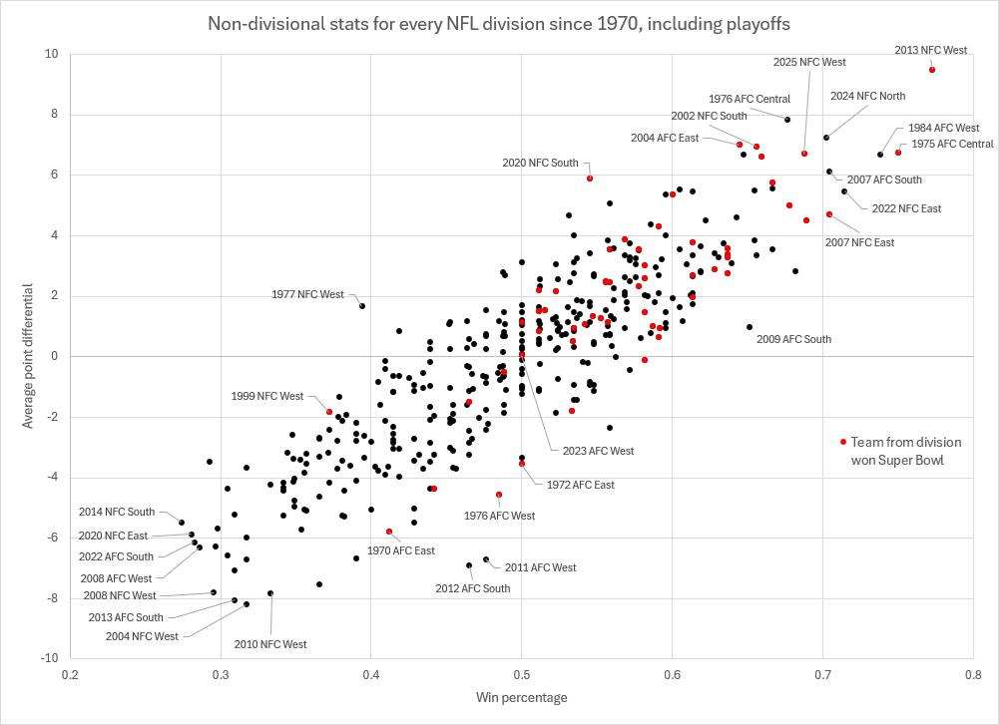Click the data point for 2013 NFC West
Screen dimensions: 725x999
point(931,70)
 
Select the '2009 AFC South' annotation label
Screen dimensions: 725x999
point(794,339)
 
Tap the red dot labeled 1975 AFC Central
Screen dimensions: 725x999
point(898,152)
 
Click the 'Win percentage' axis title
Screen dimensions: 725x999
point(521,697)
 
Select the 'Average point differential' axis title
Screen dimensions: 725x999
point(28,356)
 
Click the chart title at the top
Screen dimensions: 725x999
point(499,23)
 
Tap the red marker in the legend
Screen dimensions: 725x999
point(843,442)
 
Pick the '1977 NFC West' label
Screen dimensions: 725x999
point(307,294)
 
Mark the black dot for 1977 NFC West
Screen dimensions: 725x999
point(362,306)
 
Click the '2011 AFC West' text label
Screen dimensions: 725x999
point(540,567)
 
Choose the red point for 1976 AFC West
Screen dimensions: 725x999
point(499,495)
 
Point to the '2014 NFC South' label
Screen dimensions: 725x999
point(117,512)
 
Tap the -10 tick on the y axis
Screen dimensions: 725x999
point(47,658)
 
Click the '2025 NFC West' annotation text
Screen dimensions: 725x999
point(809,62)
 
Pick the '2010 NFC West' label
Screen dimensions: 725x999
point(270,644)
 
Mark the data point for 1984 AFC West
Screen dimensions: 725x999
point(880,155)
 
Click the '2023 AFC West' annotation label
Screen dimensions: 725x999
point(598,451)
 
